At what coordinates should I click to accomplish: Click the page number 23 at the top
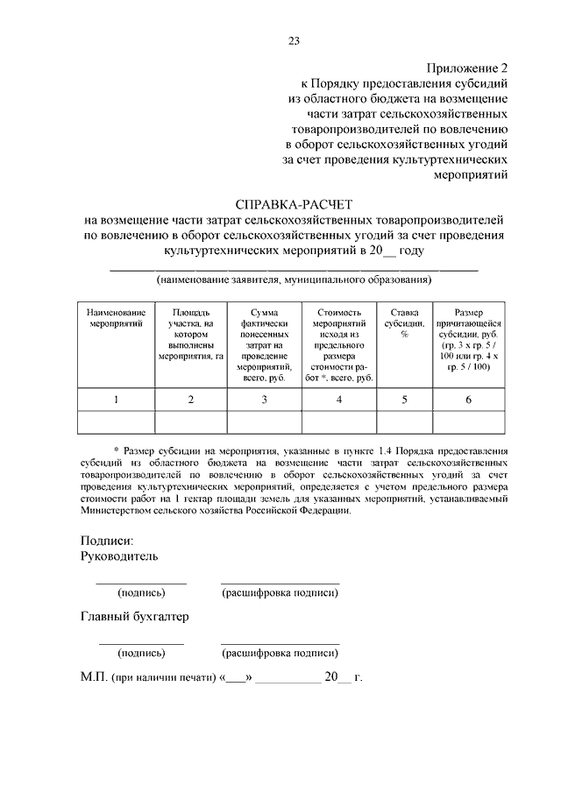(x=294, y=39)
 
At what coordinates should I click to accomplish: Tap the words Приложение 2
(x=467, y=67)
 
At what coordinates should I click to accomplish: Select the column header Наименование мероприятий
(x=117, y=317)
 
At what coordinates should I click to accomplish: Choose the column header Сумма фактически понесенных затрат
(x=264, y=344)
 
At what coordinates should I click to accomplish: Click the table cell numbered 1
(x=117, y=400)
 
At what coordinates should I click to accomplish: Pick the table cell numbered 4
(x=339, y=400)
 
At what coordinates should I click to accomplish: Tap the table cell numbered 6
(x=468, y=400)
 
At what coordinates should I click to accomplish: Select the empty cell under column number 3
(x=264, y=422)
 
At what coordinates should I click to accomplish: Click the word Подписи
(x=106, y=541)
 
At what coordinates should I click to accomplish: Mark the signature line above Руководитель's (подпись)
(x=140, y=583)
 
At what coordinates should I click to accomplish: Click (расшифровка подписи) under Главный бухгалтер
(x=280, y=653)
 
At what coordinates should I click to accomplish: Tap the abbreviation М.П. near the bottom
(x=92, y=677)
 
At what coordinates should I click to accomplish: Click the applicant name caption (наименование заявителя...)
(x=294, y=280)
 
